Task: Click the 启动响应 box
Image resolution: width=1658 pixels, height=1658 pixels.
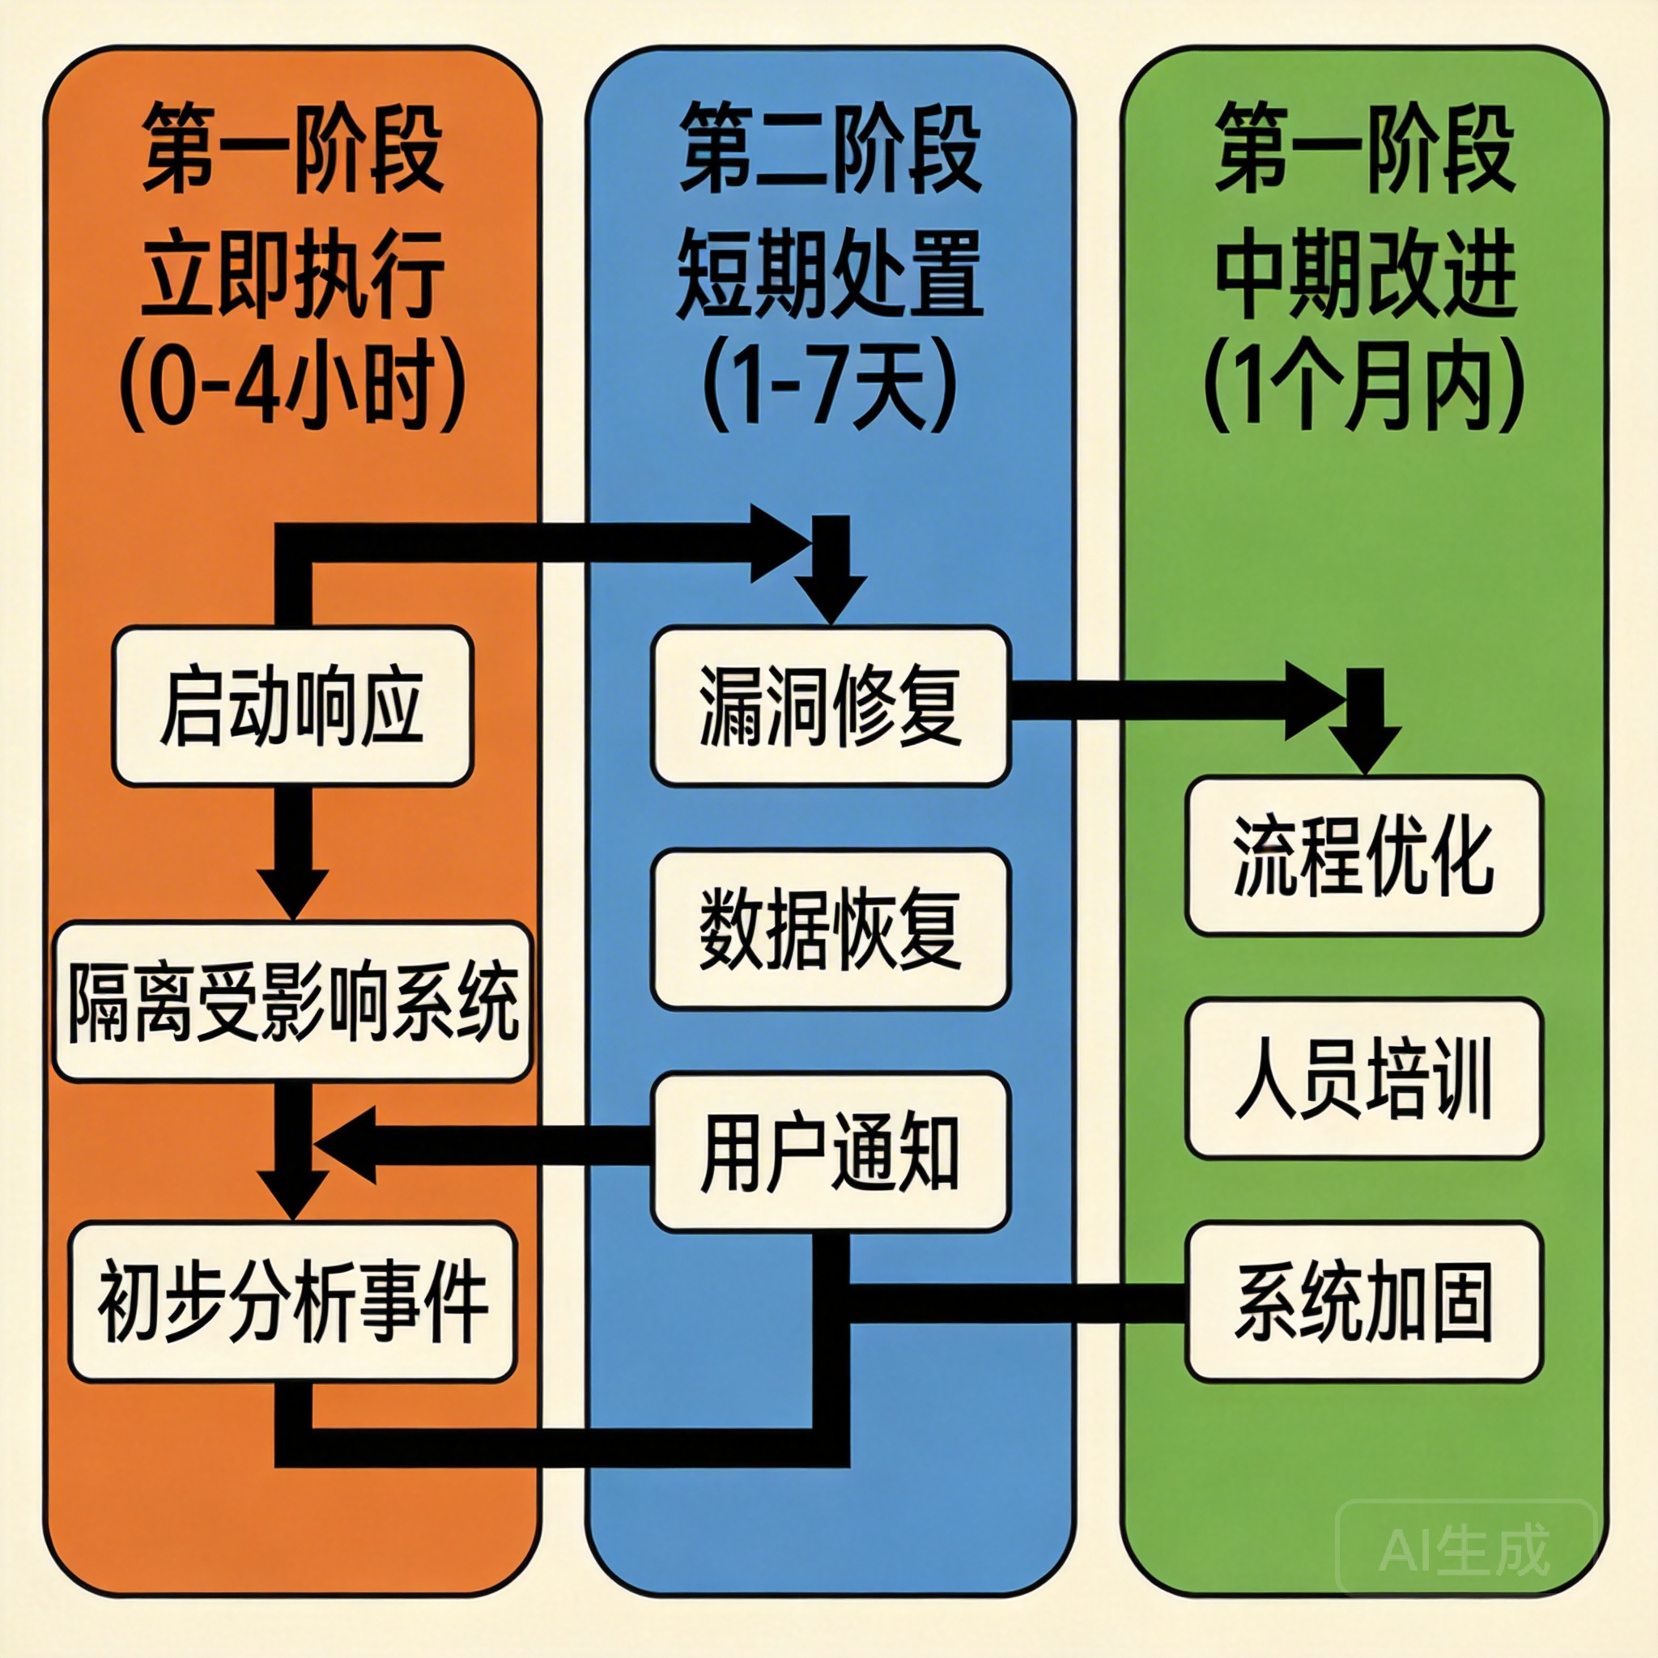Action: (x=292, y=705)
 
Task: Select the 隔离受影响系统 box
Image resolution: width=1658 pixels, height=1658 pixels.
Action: (x=292, y=1001)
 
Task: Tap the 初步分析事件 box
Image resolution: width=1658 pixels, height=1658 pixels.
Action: (x=292, y=1301)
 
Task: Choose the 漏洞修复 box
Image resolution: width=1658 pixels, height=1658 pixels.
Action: (x=830, y=705)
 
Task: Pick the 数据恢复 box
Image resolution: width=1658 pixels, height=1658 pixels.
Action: (x=830, y=929)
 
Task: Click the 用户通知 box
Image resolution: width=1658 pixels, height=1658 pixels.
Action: (x=830, y=1152)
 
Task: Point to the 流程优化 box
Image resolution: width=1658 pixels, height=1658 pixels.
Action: (x=1364, y=855)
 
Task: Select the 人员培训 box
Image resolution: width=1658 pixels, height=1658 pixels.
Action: (x=1364, y=1078)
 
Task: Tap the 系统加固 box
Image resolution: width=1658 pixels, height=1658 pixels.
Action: (x=1364, y=1301)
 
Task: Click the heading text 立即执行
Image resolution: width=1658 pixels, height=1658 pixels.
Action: (x=292, y=273)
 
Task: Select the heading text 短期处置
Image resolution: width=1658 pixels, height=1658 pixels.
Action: (x=830, y=273)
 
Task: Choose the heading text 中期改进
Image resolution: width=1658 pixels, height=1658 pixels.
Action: (x=1364, y=273)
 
